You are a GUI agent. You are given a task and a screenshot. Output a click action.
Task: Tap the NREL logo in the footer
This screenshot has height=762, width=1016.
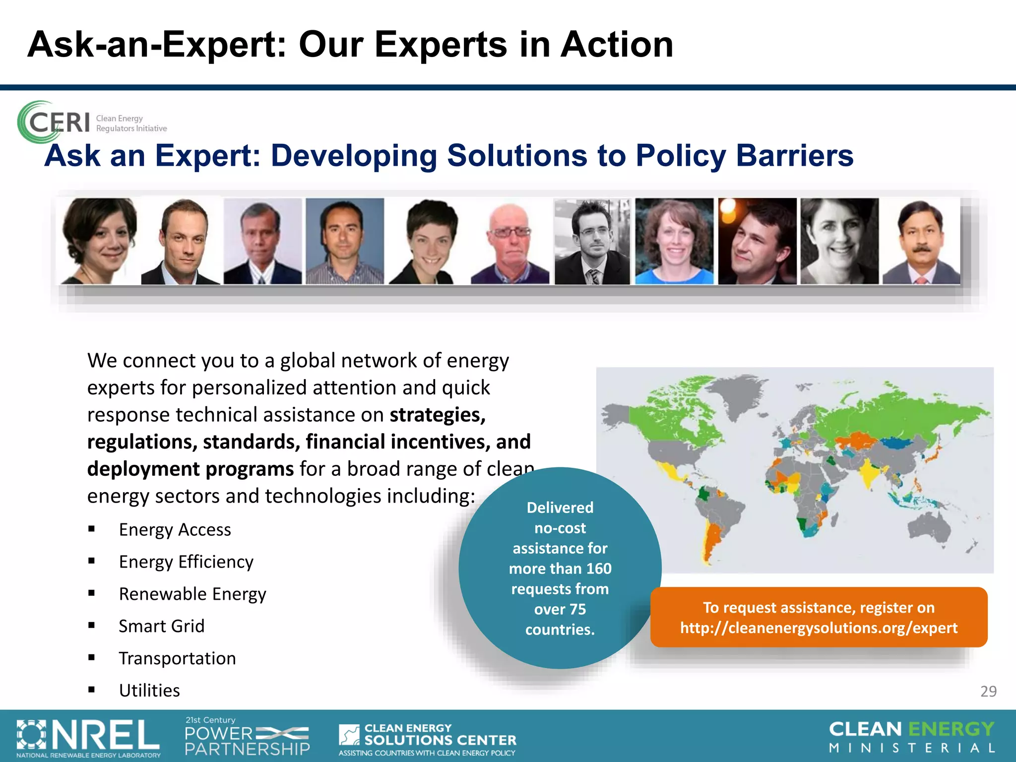tap(88, 737)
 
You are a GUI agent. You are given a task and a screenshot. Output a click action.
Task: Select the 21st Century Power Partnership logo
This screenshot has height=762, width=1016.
tap(247, 737)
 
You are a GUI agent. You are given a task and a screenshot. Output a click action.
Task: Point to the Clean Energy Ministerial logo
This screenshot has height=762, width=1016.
tap(912, 737)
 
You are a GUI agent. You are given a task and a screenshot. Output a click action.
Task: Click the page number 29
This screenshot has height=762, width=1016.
tap(988, 691)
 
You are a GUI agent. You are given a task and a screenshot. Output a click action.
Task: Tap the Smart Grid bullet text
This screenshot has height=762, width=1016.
tap(161, 626)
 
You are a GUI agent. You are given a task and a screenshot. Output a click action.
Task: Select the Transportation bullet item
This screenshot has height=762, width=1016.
tap(177, 658)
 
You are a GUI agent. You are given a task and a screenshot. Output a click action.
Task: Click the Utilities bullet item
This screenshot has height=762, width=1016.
tap(149, 691)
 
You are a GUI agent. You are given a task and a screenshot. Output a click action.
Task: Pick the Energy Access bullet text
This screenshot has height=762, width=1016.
tap(175, 530)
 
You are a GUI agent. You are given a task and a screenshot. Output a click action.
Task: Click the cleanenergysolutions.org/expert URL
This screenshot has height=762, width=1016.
tap(819, 628)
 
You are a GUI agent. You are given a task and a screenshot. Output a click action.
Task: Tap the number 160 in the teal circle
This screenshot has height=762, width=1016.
tap(599, 569)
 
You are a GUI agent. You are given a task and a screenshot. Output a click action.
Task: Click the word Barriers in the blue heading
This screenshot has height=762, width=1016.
tap(794, 156)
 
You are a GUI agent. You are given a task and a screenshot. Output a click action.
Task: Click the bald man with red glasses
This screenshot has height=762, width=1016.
tap(510, 242)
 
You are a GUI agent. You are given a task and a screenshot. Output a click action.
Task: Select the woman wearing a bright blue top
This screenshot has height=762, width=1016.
tap(674, 242)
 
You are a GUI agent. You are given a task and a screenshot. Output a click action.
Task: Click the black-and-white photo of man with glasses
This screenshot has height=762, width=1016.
tap(592, 242)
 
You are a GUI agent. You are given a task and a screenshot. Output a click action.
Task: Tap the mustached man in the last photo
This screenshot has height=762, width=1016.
tap(921, 242)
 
